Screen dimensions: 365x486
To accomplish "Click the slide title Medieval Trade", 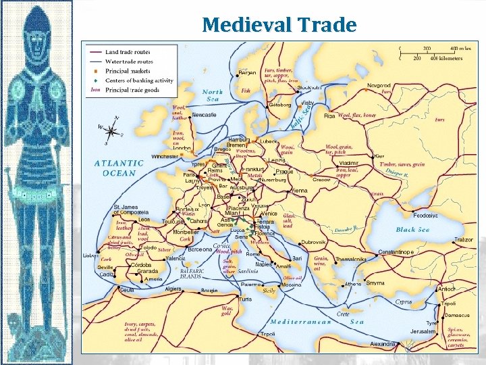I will [x=279, y=25].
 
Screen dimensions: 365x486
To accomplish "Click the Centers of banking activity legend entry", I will [x=138, y=80].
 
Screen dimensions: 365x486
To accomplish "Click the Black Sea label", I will [x=412, y=230].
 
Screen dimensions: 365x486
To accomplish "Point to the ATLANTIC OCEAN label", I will [x=119, y=168].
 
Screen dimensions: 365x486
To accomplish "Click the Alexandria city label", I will [x=383, y=343].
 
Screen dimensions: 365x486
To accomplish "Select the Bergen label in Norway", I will [x=247, y=73].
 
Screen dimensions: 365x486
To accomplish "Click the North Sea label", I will [x=212, y=95].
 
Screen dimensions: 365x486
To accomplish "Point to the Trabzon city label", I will [x=463, y=240].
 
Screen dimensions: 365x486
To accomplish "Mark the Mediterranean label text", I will [x=300, y=321].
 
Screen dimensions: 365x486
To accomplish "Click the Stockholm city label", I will [x=310, y=87].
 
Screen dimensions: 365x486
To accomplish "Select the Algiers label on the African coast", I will [x=172, y=289].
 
